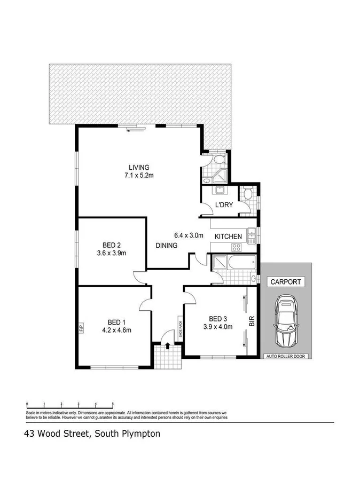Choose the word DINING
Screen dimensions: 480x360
click(167, 245)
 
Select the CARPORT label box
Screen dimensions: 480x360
click(285, 282)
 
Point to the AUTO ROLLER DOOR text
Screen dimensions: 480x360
click(286, 356)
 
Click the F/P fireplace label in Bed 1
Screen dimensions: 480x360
click(81, 326)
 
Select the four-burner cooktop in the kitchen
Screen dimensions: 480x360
click(235, 247)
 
